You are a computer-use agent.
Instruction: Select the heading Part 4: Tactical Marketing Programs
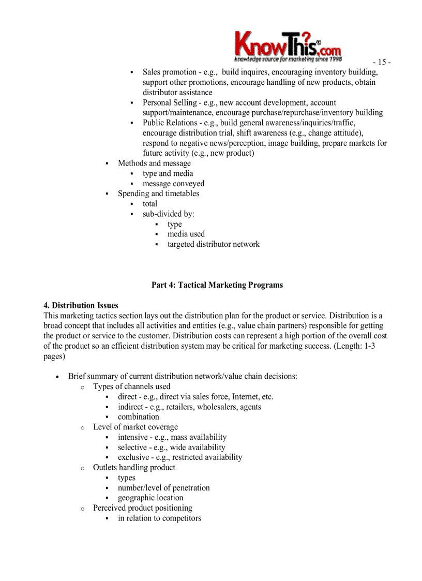pos(217,285)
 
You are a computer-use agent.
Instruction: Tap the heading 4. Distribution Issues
pos(81,305)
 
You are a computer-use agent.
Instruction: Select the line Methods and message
pos(154,163)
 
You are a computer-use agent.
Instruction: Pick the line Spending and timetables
pos(158,193)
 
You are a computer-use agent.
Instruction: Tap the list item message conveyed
pos(173,184)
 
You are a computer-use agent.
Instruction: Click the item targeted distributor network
pos(213,244)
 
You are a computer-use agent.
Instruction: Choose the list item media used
pos(186,234)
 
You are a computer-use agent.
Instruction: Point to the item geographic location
pos(150,498)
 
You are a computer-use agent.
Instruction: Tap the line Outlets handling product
pos(134,468)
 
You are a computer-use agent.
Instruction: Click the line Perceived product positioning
pos(142,508)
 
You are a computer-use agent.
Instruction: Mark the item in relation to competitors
pos(159,518)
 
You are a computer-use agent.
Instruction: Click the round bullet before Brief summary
pos(58,377)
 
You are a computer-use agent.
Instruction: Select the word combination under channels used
pos(138,417)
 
